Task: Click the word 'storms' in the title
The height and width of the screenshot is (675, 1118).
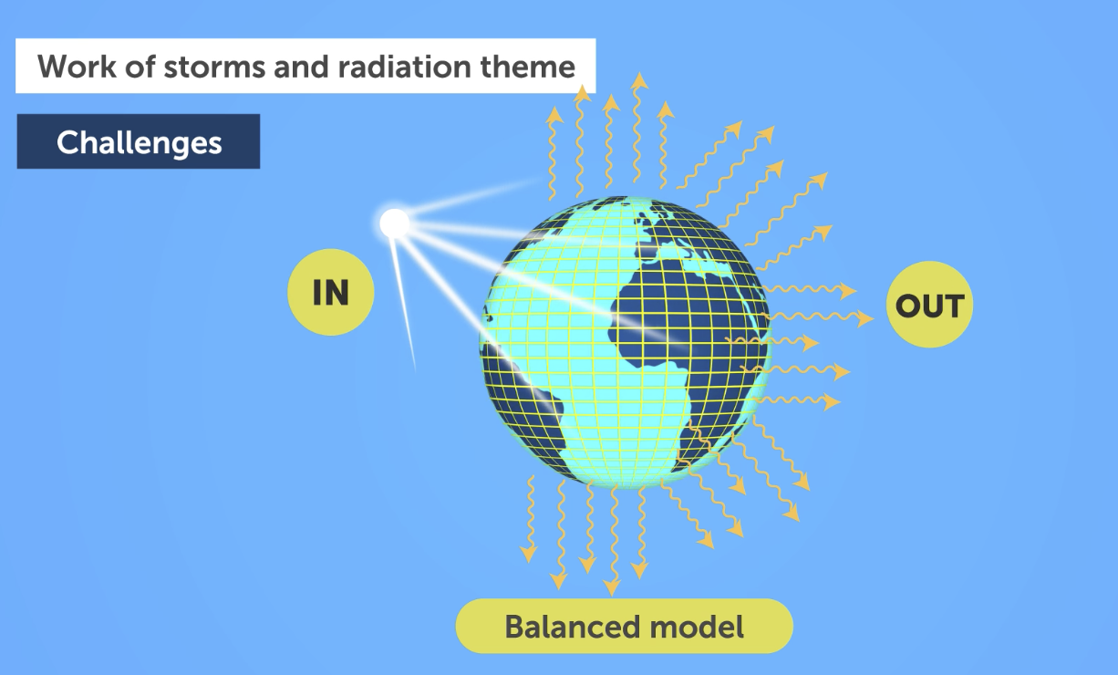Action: point(214,67)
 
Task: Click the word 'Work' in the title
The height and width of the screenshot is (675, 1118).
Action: point(77,66)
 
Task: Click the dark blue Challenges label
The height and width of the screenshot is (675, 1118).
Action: point(139,141)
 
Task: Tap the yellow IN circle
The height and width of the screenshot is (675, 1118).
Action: point(330,292)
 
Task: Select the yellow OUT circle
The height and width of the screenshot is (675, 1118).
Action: point(929,305)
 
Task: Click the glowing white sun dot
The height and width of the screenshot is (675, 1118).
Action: point(394,223)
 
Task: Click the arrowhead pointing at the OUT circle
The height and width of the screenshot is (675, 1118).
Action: point(865,318)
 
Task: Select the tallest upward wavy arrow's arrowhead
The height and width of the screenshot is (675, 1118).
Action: point(639,81)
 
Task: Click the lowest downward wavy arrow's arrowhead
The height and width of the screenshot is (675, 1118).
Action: point(612,588)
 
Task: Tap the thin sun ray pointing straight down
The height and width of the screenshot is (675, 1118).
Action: point(403,305)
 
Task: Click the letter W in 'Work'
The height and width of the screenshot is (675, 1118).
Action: point(54,66)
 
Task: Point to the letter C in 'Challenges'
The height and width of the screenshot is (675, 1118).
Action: point(67,142)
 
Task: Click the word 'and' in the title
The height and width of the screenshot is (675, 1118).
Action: point(301,67)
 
